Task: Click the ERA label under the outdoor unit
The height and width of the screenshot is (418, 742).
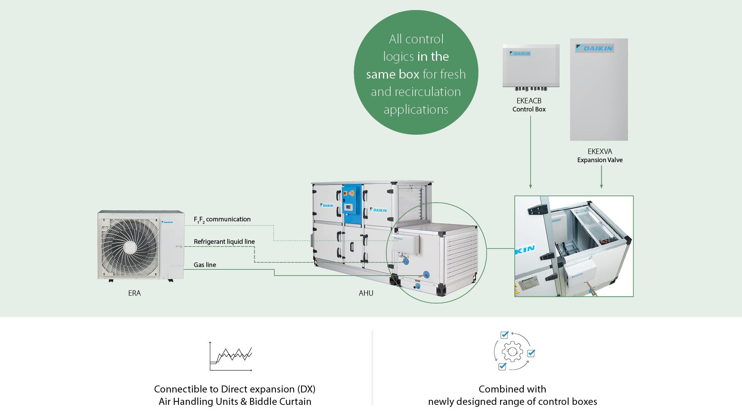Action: tap(134, 293)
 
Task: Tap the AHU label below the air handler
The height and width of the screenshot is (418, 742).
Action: tap(366, 293)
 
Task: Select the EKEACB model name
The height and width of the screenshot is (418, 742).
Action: tap(529, 101)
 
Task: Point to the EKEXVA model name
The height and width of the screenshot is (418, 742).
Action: tap(600, 152)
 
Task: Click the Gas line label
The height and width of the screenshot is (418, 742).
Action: tap(205, 265)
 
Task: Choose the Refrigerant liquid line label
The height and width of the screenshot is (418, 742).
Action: tap(224, 242)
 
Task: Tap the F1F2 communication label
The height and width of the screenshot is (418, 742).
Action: tap(222, 219)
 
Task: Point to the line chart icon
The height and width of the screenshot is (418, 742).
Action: tap(231, 356)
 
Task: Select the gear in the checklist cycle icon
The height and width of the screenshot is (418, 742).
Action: tap(512, 352)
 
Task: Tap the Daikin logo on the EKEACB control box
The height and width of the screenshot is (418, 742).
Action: tap(520, 53)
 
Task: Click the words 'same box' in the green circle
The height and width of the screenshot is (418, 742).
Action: tap(393, 74)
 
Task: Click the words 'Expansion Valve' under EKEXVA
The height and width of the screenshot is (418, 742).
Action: tap(600, 160)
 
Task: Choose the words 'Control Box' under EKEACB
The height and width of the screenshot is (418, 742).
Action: tap(529, 110)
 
